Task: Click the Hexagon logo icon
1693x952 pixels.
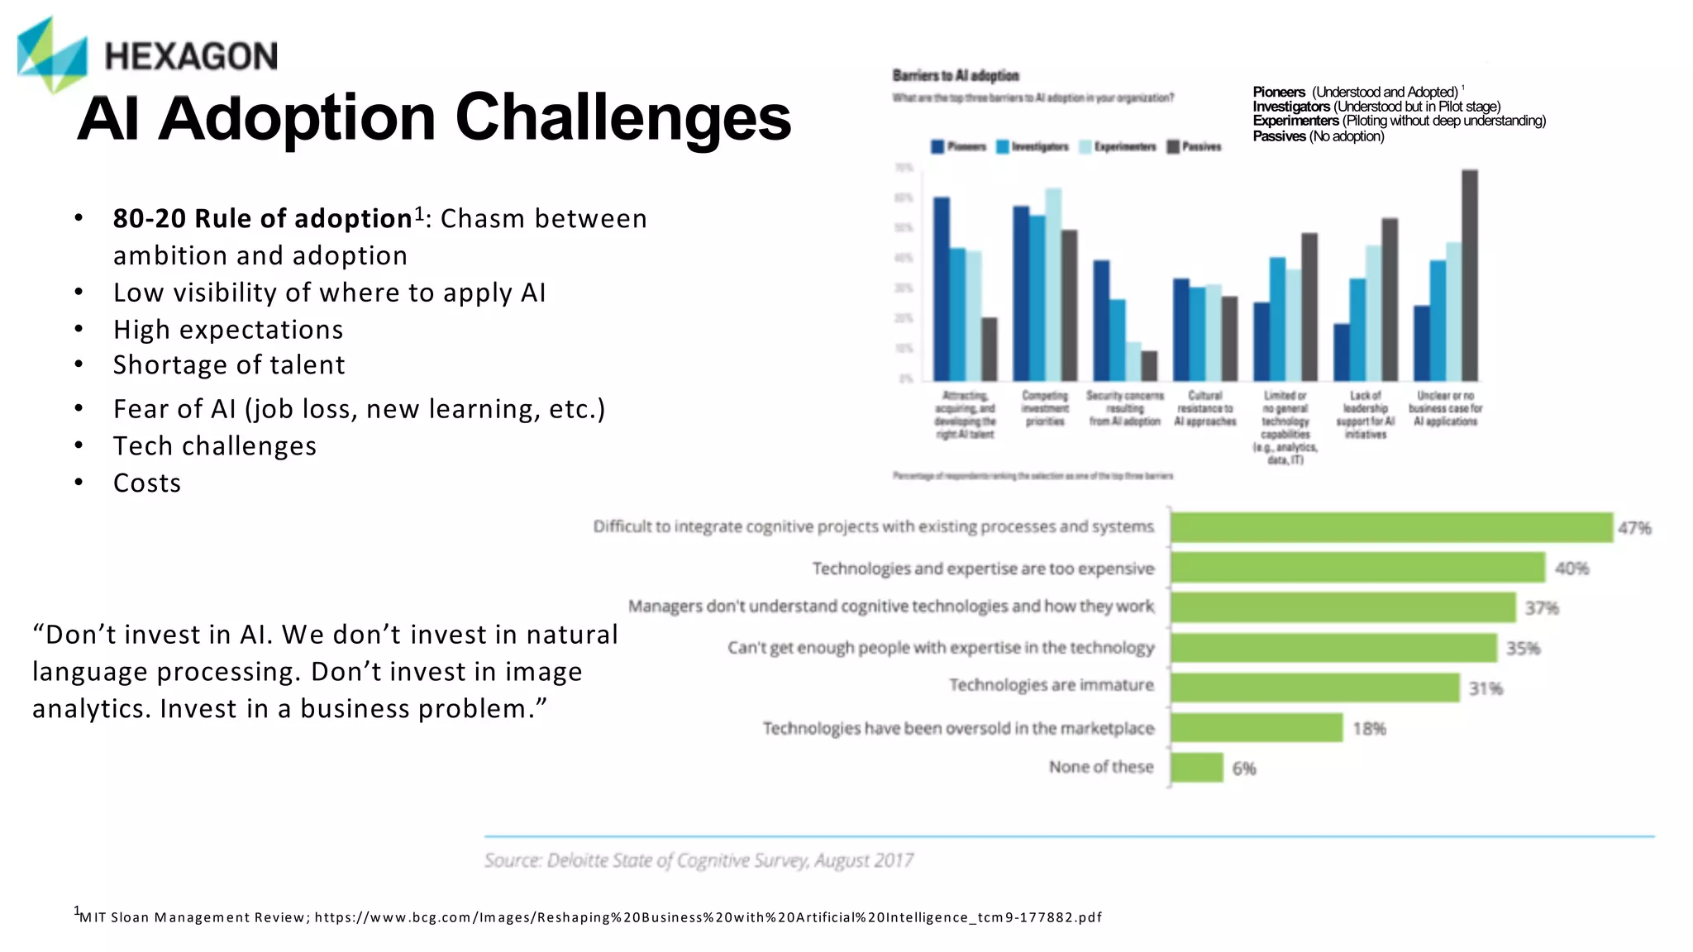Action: coord(51,55)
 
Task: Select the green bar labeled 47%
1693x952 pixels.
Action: coord(1391,527)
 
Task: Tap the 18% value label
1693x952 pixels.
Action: coord(1369,729)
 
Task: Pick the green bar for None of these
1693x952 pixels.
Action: coord(1196,768)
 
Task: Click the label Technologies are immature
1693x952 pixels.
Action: coord(1051,685)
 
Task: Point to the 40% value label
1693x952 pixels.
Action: coord(1571,569)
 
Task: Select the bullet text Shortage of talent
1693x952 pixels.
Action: coord(229,365)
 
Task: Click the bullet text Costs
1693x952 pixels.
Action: coord(147,483)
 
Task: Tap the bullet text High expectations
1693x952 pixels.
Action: coord(228,330)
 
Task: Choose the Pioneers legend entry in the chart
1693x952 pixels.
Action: coord(959,147)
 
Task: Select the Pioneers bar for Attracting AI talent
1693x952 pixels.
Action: coord(942,289)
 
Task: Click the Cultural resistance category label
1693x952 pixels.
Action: coord(1204,409)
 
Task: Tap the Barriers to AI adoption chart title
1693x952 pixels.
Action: coord(956,76)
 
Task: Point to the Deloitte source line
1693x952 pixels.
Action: coord(699,861)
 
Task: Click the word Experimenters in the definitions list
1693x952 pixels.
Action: coord(1295,121)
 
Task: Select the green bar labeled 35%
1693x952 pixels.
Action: coord(1333,649)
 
